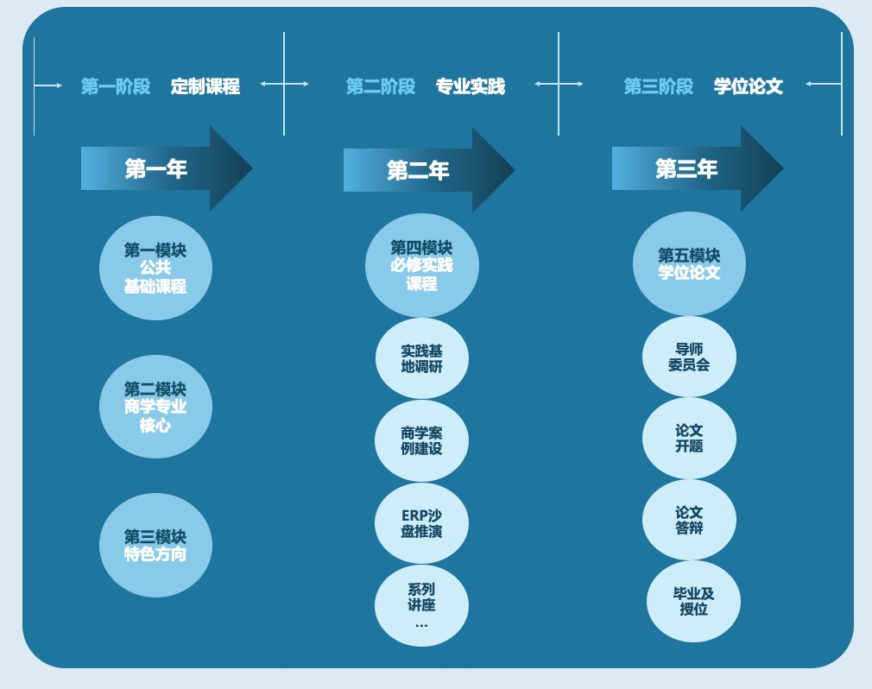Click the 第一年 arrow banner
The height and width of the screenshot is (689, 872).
click(164, 168)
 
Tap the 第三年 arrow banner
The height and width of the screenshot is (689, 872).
click(694, 168)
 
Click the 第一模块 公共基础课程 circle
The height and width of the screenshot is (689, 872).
click(155, 269)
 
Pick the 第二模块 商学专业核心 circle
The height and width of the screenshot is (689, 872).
click(155, 407)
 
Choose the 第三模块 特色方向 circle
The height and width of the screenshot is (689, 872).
click(155, 545)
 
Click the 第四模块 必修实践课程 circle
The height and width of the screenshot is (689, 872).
click(421, 266)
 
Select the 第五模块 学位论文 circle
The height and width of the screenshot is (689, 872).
click(689, 263)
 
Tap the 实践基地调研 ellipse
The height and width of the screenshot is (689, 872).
click(421, 358)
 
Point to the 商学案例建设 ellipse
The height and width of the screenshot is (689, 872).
click(421, 440)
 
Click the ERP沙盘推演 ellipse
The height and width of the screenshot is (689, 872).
click(421, 523)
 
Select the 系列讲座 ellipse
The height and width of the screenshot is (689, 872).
click(421, 605)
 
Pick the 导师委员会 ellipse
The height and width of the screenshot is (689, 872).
click(689, 357)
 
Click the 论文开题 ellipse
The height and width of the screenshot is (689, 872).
click(689, 438)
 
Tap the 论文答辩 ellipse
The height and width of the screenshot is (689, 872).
click(689, 520)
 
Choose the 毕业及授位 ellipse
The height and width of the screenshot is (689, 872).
click(693, 601)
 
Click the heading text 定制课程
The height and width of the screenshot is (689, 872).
click(205, 86)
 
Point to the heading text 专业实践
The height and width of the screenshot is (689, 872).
click(470, 86)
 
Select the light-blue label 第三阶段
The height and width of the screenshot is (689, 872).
click(659, 86)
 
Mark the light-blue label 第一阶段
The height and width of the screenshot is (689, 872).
click(116, 86)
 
